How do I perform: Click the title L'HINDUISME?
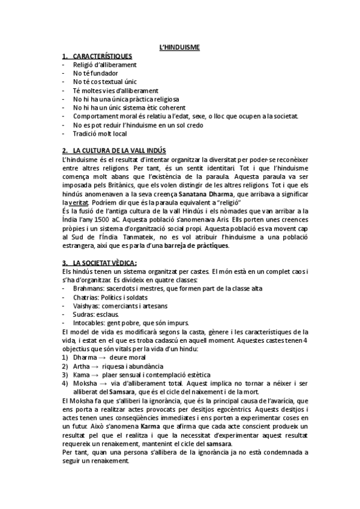[179, 47]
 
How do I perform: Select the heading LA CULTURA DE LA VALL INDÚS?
[119, 150]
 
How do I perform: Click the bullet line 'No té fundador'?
[95, 73]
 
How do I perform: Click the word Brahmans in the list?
[89, 289]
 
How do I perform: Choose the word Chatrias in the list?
[86, 297]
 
